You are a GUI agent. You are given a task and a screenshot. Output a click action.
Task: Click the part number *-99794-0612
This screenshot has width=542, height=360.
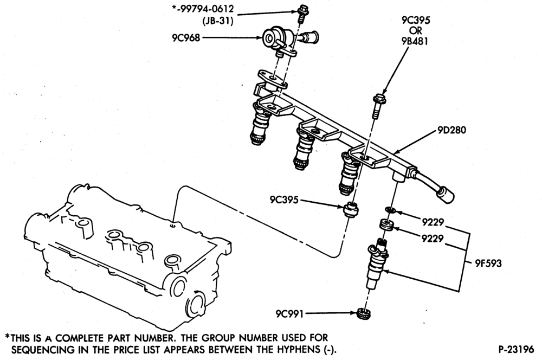coord(203,9)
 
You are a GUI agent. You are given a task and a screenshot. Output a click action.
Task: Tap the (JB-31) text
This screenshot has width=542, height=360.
coord(217,21)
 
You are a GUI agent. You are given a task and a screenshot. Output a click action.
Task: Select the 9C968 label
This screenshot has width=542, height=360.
coord(186,38)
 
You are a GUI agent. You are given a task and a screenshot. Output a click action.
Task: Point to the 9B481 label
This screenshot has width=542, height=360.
coord(415,41)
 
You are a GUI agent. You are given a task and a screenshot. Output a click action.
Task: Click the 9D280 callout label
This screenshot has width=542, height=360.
coord(452,130)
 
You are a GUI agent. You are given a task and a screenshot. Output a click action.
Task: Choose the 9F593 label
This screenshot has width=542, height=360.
coord(488,263)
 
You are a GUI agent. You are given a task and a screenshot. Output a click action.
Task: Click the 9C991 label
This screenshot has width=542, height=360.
coord(289,314)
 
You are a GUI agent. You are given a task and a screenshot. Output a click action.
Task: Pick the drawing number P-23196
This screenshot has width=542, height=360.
coord(516,349)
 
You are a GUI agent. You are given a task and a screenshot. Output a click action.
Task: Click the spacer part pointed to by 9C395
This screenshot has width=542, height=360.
coord(351,209)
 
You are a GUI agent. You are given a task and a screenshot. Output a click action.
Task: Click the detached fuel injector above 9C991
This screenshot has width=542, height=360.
coord(376,265)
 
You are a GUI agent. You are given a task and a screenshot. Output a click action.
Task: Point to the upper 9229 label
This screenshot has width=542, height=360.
coord(433,222)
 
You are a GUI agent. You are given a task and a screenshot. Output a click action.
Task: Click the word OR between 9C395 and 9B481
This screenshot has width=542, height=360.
coord(415,31)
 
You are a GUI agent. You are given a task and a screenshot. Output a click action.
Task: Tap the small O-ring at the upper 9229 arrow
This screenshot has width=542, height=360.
coord(390,209)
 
